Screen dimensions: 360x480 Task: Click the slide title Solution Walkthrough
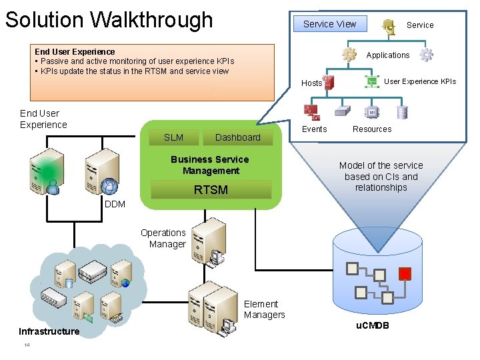[109, 19]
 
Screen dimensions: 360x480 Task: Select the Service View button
[329, 24]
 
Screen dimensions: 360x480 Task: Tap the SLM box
[173, 137]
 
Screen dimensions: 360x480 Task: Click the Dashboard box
[237, 137]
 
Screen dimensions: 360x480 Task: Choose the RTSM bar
[211, 190]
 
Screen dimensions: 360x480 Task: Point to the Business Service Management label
[209, 165]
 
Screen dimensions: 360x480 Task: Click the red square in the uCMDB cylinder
[404, 273]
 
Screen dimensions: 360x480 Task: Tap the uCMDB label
[372, 325]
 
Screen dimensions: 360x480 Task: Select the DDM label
[115, 204]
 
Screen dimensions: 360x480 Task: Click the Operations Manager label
[163, 238]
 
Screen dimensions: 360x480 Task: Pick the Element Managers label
[264, 309]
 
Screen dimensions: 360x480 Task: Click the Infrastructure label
[49, 331]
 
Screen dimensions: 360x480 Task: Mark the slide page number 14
[27, 345]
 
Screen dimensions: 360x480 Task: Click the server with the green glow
[47, 170]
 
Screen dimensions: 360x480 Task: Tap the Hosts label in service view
[311, 83]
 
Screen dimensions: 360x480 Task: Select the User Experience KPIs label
[420, 81]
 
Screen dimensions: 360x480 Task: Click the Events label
[314, 129]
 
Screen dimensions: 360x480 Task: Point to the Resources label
[372, 129]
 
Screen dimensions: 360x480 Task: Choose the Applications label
[387, 55]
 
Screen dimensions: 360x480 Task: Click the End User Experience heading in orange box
[75, 51]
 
